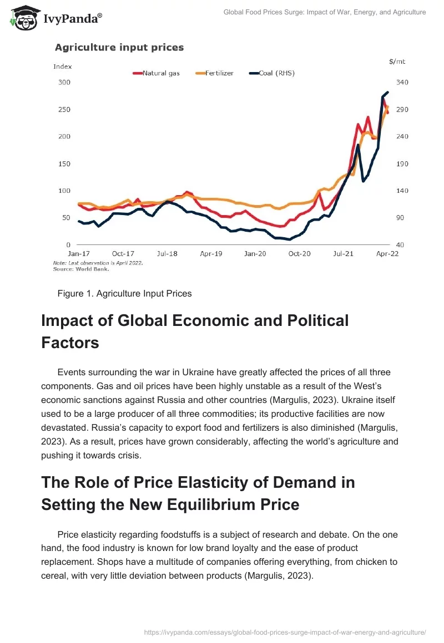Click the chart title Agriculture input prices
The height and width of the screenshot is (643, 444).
(x=119, y=48)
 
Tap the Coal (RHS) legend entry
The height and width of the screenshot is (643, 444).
(x=271, y=73)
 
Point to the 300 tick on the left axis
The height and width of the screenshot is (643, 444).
(x=64, y=83)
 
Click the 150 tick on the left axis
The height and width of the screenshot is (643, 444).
(x=64, y=164)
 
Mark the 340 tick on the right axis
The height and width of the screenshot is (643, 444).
(x=401, y=83)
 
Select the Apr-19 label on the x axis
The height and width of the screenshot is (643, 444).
(x=211, y=253)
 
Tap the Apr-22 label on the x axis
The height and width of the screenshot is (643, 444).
(x=387, y=253)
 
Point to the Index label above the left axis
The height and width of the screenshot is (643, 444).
(x=62, y=67)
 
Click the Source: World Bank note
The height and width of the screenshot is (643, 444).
(x=81, y=269)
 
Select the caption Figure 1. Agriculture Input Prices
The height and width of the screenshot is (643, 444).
(x=124, y=294)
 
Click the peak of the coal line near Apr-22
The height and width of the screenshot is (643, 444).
(x=387, y=92)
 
